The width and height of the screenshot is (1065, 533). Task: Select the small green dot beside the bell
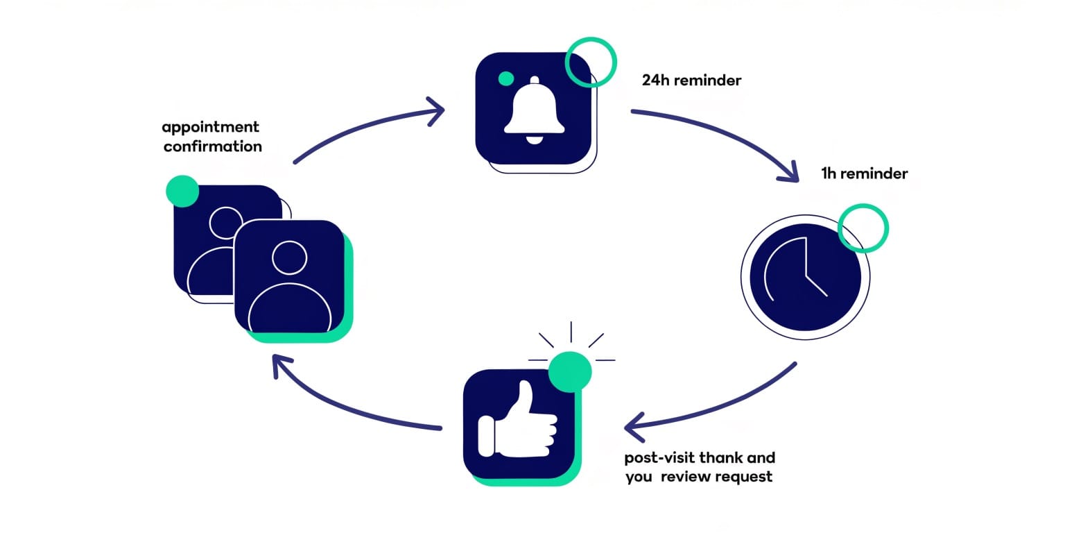pos(506,78)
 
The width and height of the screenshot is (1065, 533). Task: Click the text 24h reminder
pos(691,81)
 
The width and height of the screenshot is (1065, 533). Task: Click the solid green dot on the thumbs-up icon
pos(570,372)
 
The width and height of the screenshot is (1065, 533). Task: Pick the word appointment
pos(210,127)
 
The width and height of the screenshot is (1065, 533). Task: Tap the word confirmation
pos(213,146)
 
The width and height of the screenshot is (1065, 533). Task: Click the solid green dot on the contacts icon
pos(183,191)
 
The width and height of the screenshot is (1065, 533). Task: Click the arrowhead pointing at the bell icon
pos(437,110)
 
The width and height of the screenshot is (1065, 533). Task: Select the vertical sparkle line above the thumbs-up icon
pos(571,332)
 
